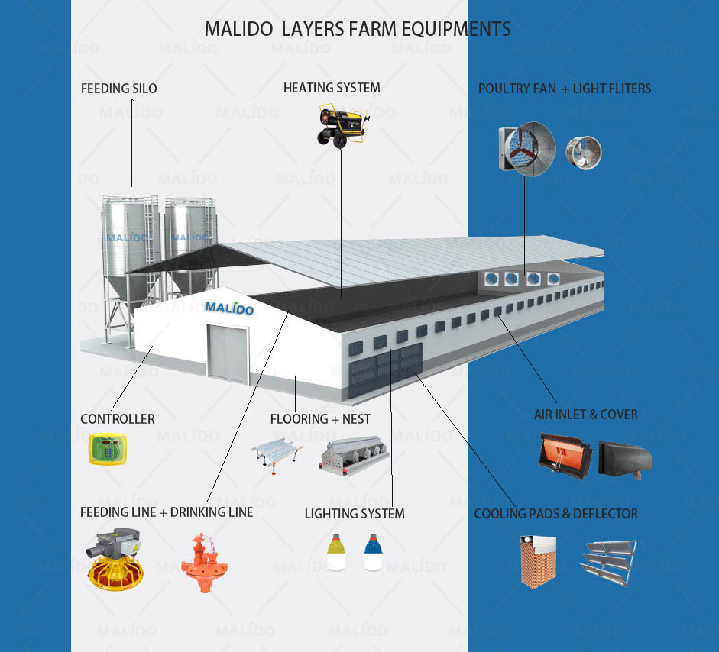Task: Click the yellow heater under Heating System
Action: pyautogui.click(x=342, y=125)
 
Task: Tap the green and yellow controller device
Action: pyautogui.click(x=107, y=449)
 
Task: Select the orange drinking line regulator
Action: pyautogui.click(x=204, y=562)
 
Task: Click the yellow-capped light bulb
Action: pyautogui.click(x=336, y=552)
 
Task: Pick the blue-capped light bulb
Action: pyautogui.click(x=373, y=552)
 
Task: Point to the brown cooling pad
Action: pyautogui.click(x=538, y=561)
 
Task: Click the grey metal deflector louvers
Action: pyautogui.click(x=608, y=562)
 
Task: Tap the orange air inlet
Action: pyautogui.click(x=565, y=456)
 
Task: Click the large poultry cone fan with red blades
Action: pyautogui.click(x=527, y=148)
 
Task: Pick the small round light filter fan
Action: pyautogui.click(x=584, y=153)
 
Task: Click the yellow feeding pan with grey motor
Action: pyautogui.click(x=115, y=560)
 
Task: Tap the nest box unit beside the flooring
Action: pyautogui.click(x=354, y=456)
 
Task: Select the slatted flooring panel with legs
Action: pyautogui.click(x=277, y=453)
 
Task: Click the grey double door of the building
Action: pyautogui.click(x=228, y=353)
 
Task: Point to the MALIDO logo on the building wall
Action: pyautogui.click(x=228, y=308)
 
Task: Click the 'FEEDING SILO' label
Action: pyautogui.click(x=118, y=89)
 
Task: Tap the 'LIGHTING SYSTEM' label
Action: pyautogui.click(x=355, y=514)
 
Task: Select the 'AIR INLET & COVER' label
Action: pyautogui.click(x=585, y=415)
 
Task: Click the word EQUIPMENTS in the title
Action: pyautogui.click(x=456, y=29)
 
